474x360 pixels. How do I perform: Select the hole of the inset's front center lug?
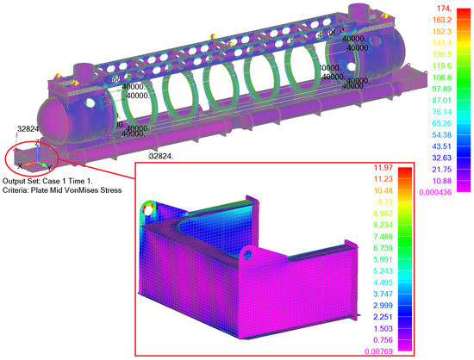coord(251,253)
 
